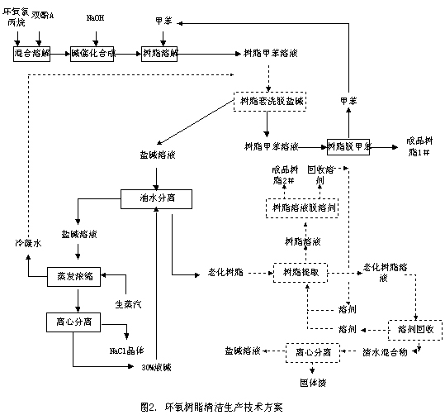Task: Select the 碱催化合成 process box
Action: tap(92, 53)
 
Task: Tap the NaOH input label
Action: tap(96, 17)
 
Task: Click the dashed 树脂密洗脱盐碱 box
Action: tap(267, 101)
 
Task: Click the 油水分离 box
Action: tap(157, 198)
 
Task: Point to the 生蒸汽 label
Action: tap(125, 301)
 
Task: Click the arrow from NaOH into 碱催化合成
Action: tap(96, 34)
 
